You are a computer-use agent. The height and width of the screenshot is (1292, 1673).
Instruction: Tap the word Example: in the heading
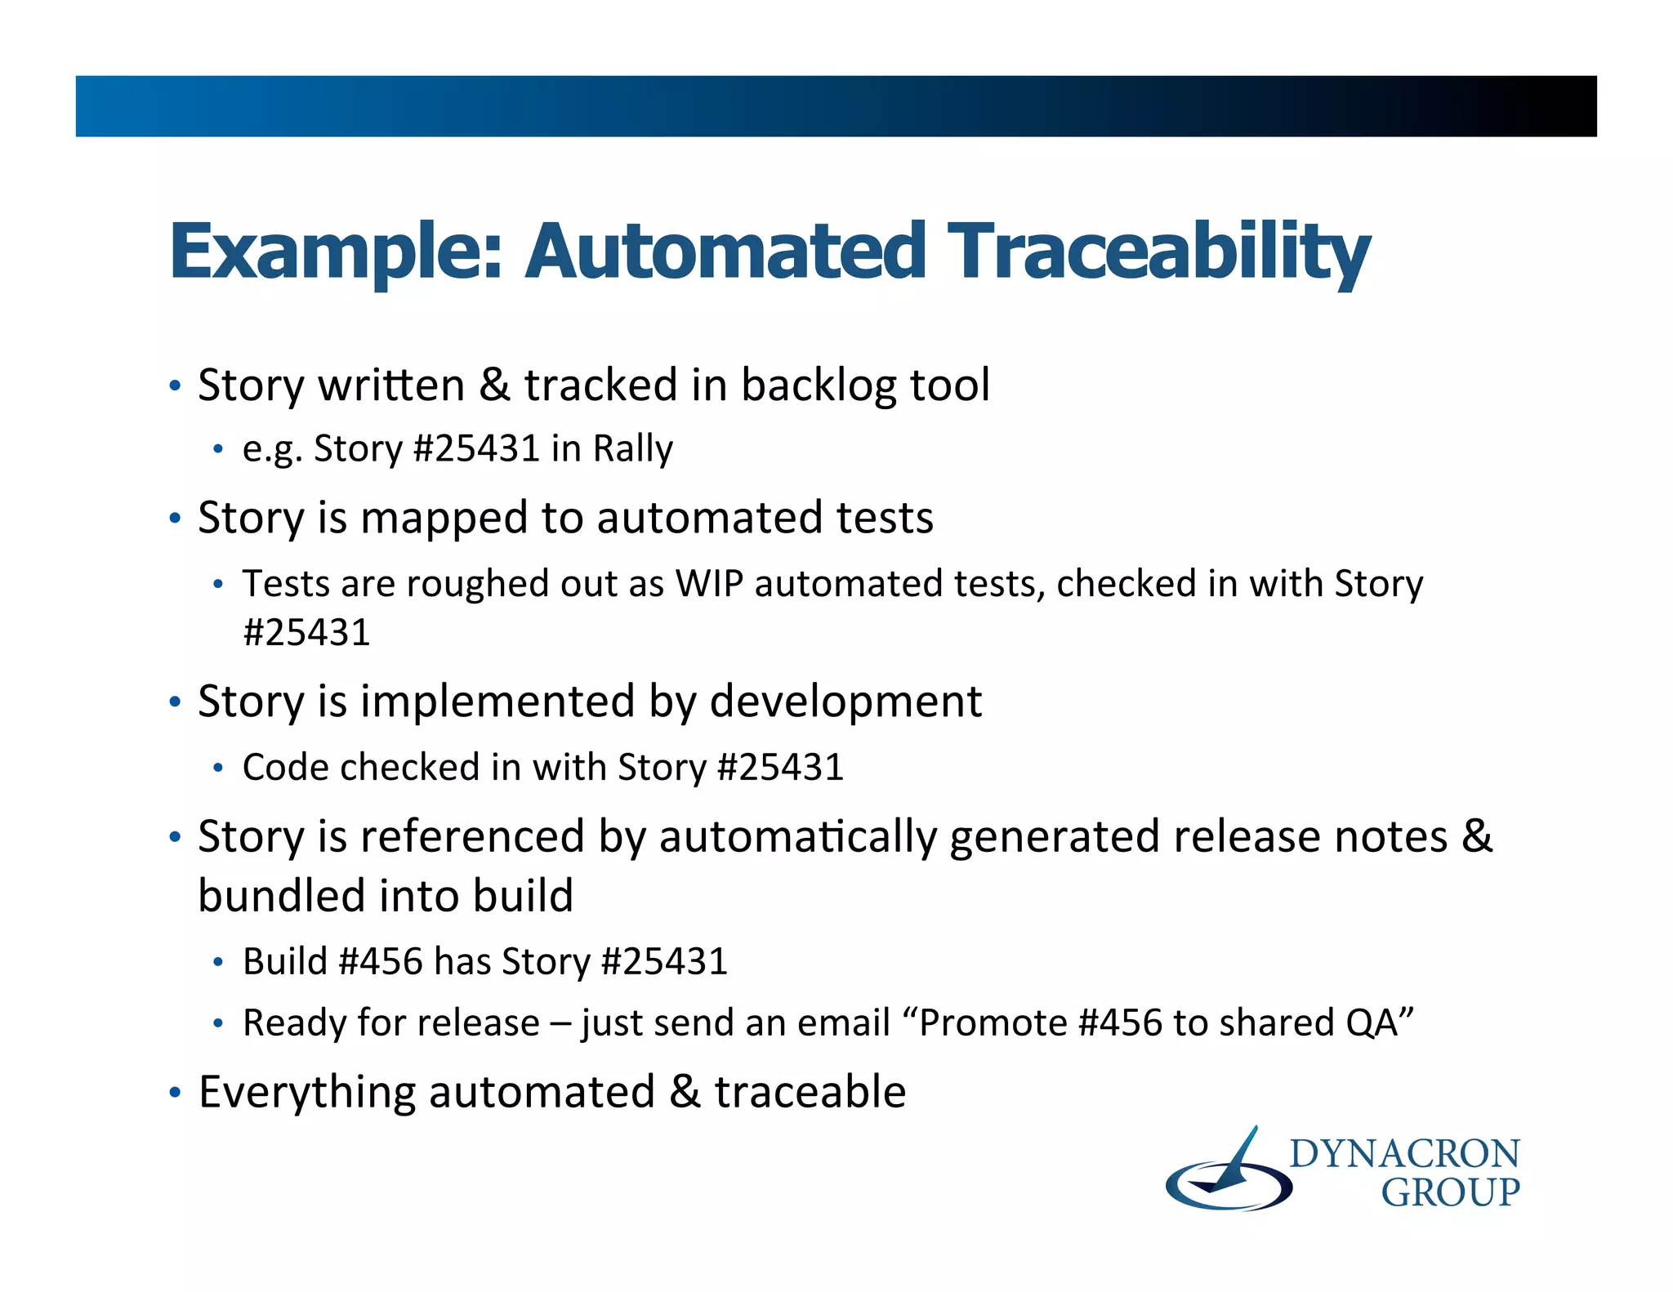coord(335,252)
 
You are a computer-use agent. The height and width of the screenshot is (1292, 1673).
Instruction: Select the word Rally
coord(632,449)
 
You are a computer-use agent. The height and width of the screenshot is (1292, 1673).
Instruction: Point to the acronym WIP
coord(708,584)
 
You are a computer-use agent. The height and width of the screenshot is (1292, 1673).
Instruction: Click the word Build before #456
coord(285,961)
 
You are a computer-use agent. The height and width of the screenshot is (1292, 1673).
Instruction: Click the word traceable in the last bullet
coord(810,1093)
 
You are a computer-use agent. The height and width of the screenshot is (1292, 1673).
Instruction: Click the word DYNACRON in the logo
coord(1404,1155)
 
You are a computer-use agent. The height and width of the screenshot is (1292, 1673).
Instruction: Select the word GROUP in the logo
coord(1450,1193)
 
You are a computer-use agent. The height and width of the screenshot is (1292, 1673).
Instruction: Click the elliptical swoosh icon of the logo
coord(1227,1180)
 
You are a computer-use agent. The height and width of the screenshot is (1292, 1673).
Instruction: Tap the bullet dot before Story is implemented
coord(174,703)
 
